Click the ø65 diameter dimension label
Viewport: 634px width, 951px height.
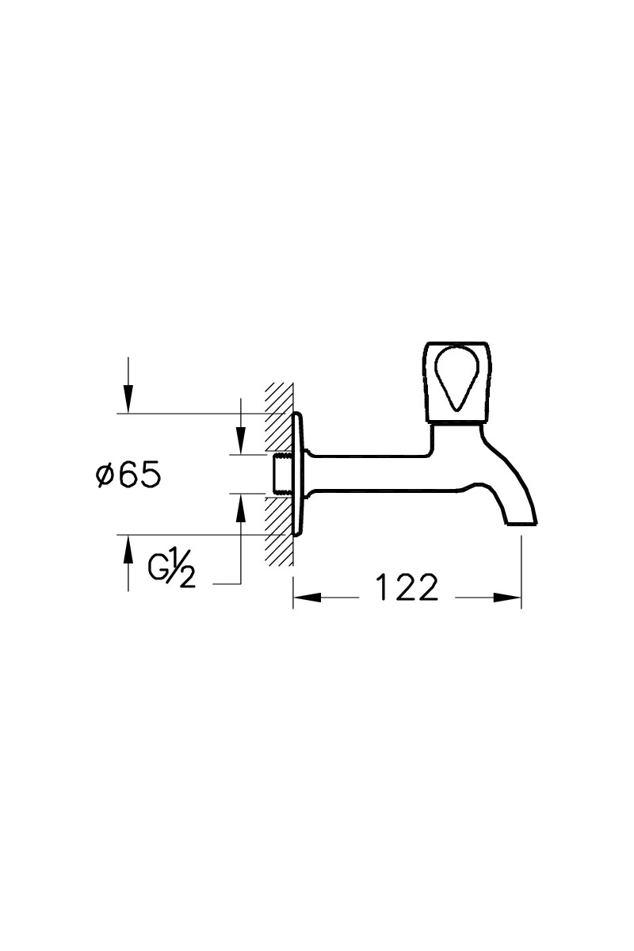tap(128, 474)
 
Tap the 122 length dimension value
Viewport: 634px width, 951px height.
tap(407, 587)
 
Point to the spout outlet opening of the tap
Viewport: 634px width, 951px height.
tap(521, 524)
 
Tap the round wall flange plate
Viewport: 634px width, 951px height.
tap(299, 474)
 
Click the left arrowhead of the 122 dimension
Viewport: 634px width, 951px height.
tap(307, 598)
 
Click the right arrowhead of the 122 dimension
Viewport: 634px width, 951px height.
tap(507, 598)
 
